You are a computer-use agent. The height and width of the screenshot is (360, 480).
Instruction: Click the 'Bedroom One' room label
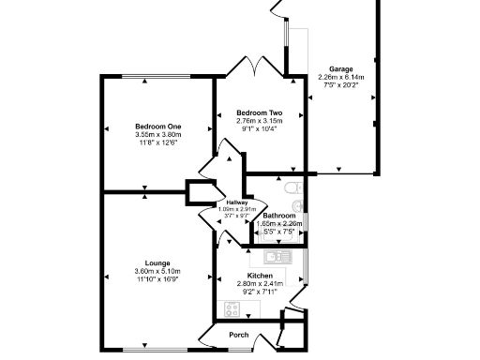point(157,127)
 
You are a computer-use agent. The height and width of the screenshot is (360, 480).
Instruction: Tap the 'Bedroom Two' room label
point(259,112)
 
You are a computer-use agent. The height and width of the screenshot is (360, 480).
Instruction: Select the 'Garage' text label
point(339,69)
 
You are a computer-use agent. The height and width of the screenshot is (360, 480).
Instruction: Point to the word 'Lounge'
point(157,263)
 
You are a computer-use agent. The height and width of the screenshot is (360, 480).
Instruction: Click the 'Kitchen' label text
point(260,276)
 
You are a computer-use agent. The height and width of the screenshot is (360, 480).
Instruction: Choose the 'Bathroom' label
point(279,215)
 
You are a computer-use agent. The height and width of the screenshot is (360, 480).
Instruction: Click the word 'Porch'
point(240,335)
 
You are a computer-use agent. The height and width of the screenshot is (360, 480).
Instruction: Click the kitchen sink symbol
point(277,255)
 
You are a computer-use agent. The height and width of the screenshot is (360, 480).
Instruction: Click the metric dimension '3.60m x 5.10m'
point(157,272)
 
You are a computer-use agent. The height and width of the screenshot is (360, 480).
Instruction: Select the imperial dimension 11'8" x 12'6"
point(157,143)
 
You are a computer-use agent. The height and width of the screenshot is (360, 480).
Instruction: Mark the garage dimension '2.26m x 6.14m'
point(339,78)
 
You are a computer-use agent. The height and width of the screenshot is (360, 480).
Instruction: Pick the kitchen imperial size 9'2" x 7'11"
point(260,292)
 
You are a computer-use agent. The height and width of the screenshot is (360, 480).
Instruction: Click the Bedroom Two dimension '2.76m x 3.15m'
point(259,120)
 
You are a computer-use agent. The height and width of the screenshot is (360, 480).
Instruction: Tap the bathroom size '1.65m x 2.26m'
point(279,223)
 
